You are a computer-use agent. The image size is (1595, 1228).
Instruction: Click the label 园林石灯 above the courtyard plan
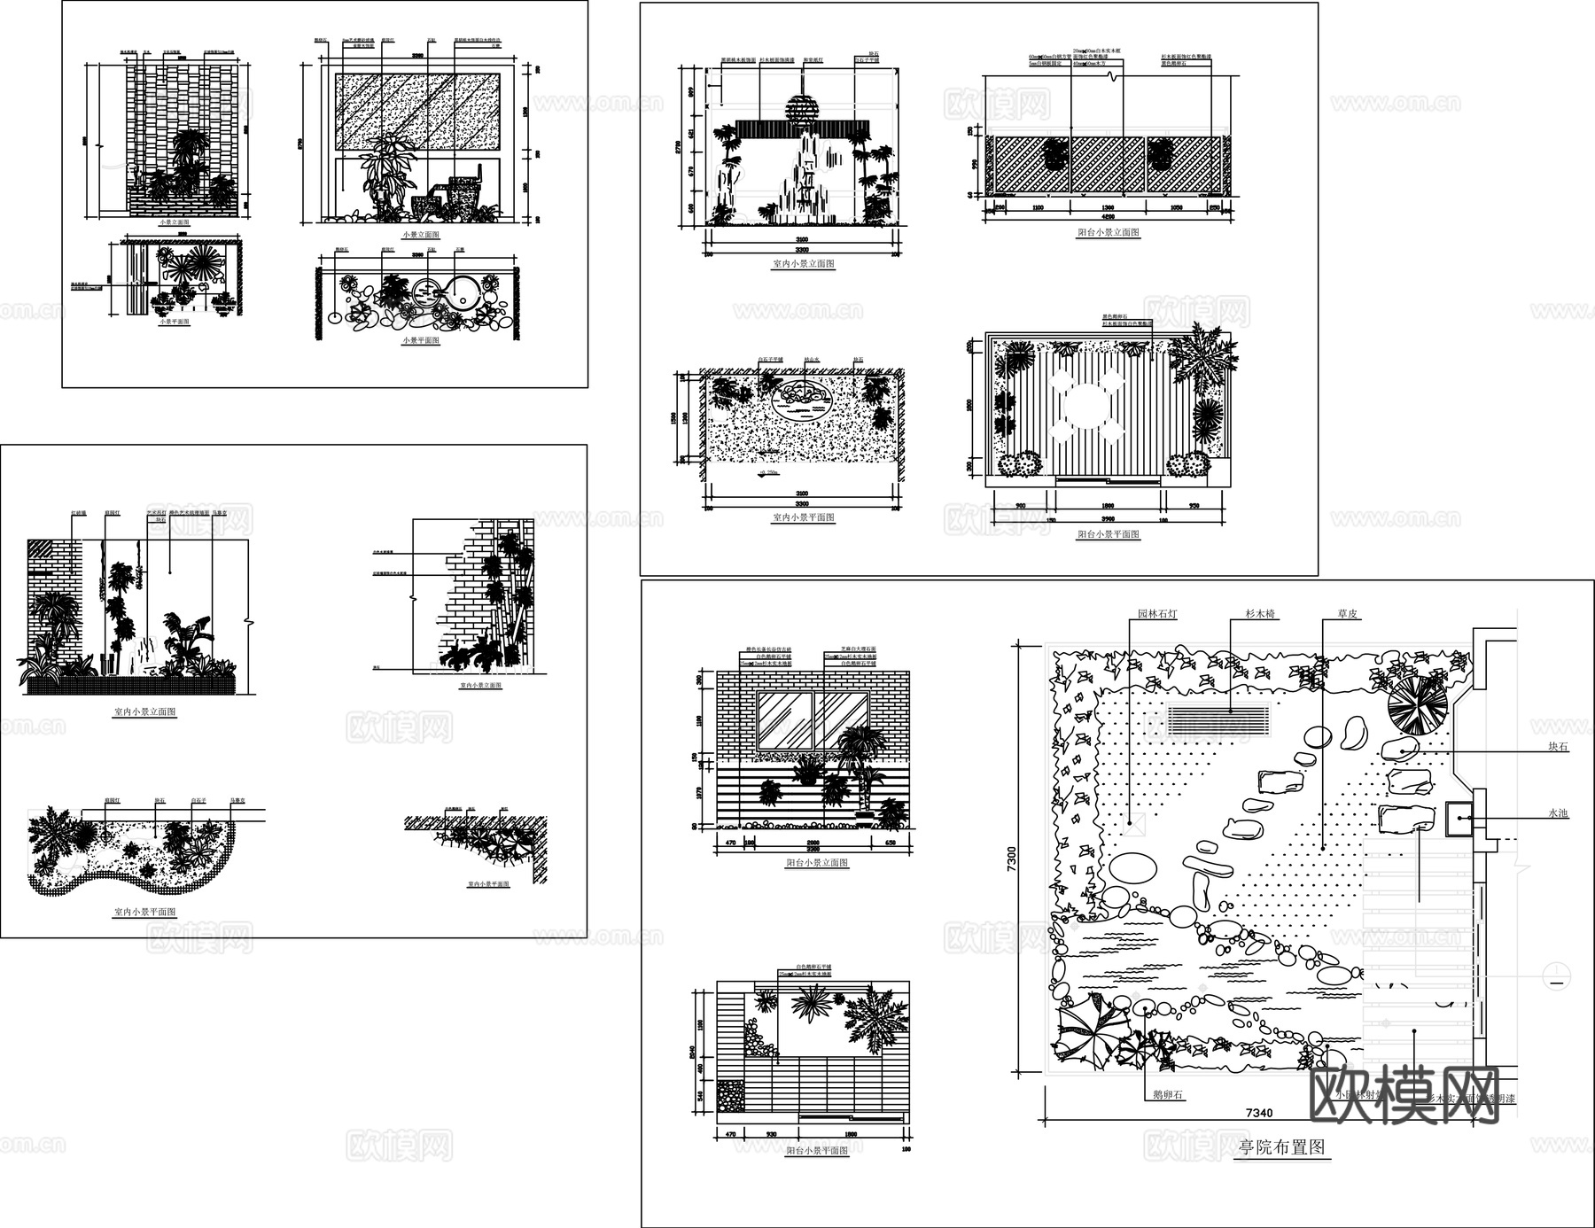(1157, 614)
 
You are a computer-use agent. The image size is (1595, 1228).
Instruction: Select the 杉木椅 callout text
(1259, 614)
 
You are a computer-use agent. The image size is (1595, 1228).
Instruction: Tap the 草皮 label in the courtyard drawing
(1348, 614)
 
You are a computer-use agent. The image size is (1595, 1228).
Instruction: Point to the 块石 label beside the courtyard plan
(1558, 747)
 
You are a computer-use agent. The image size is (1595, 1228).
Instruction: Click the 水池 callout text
(1558, 813)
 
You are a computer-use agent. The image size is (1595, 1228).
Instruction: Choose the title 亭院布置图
(1281, 1147)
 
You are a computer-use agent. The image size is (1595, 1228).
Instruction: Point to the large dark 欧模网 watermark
(1404, 1094)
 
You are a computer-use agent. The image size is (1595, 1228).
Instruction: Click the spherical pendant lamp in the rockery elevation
(804, 109)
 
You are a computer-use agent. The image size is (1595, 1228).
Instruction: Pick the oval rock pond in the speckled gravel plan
(804, 400)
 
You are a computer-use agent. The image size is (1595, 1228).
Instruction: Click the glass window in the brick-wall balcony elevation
(813, 720)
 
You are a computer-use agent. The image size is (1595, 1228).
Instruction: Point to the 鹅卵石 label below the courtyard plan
(1167, 1095)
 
